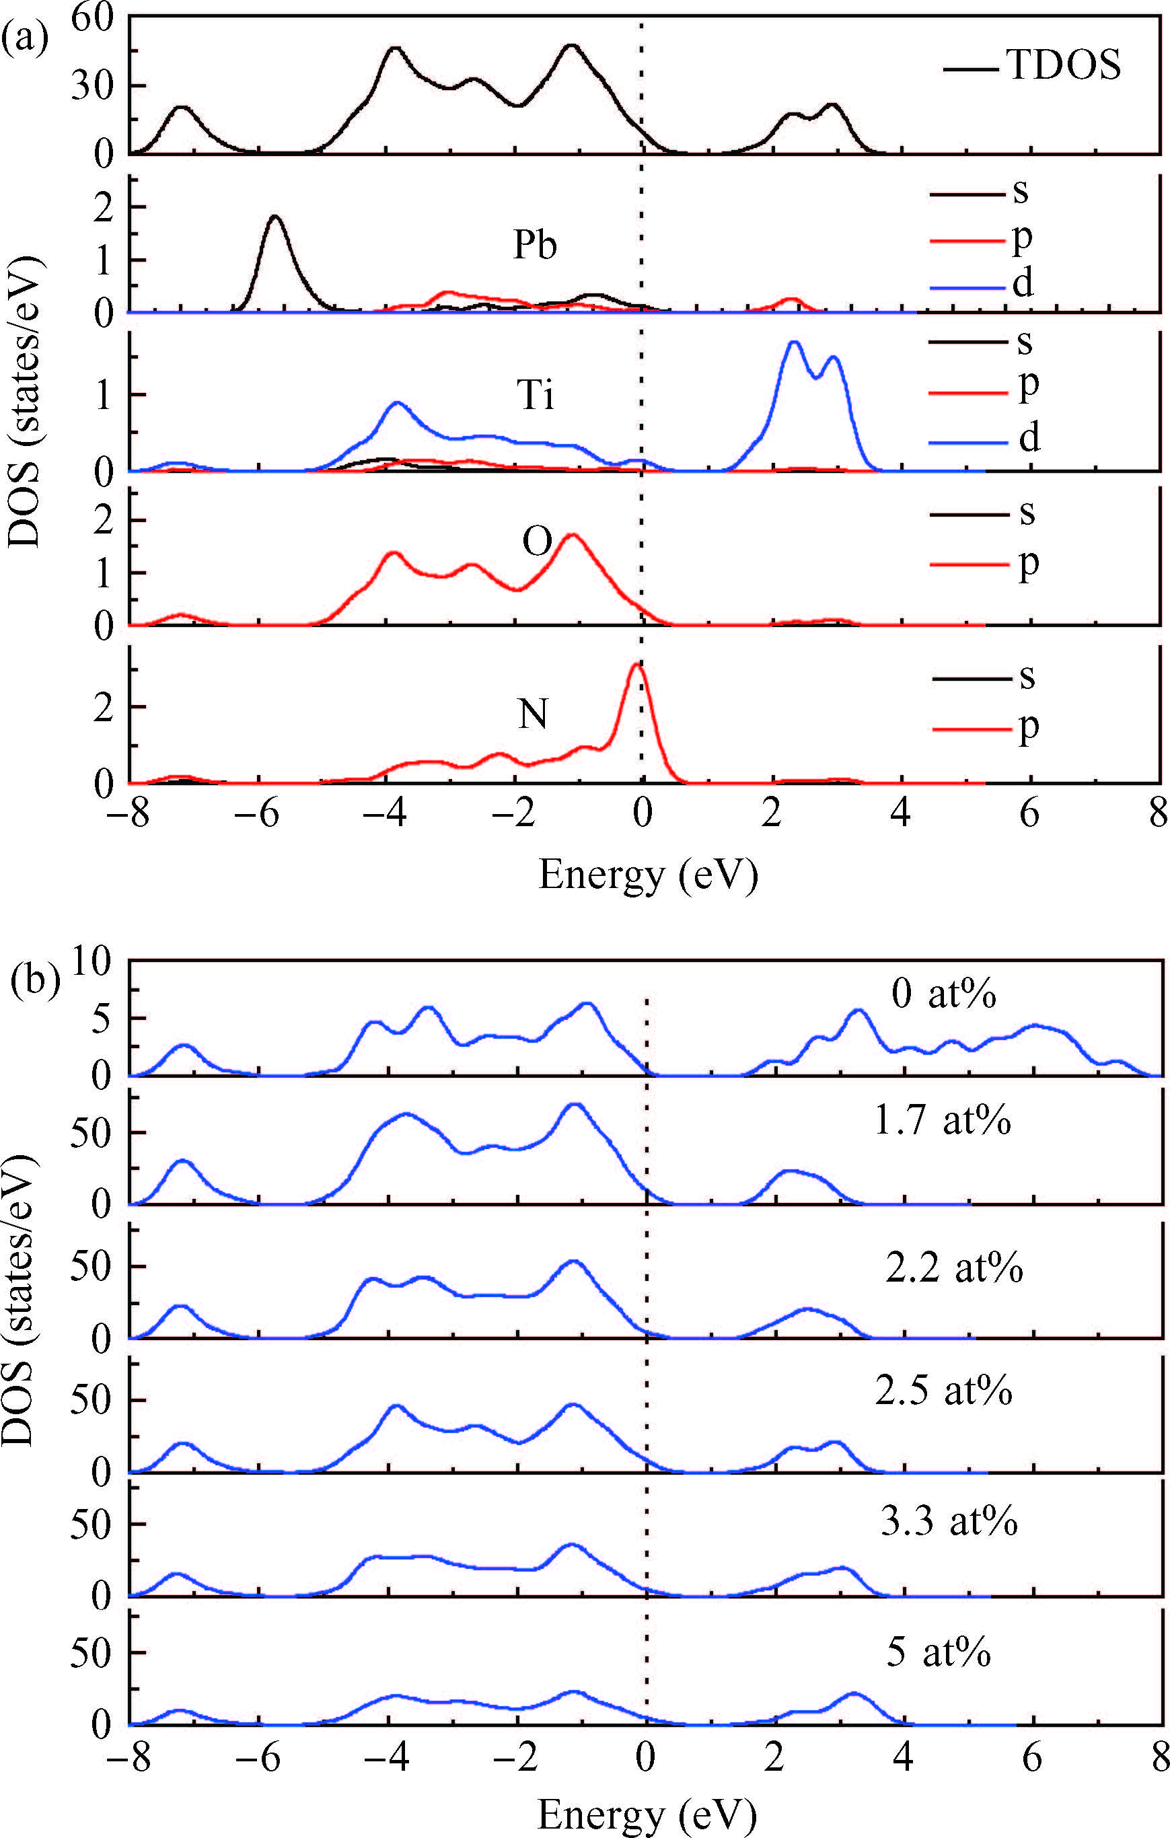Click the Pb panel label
tap(534, 245)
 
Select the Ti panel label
tap(535, 396)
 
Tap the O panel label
tap(536, 542)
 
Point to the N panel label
tap(533, 714)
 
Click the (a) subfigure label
tap(24, 36)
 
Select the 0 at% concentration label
tap(943, 994)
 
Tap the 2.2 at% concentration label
tap(954, 1267)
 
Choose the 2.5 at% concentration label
tap(943, 1391)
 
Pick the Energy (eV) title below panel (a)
tap(648, 875)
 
